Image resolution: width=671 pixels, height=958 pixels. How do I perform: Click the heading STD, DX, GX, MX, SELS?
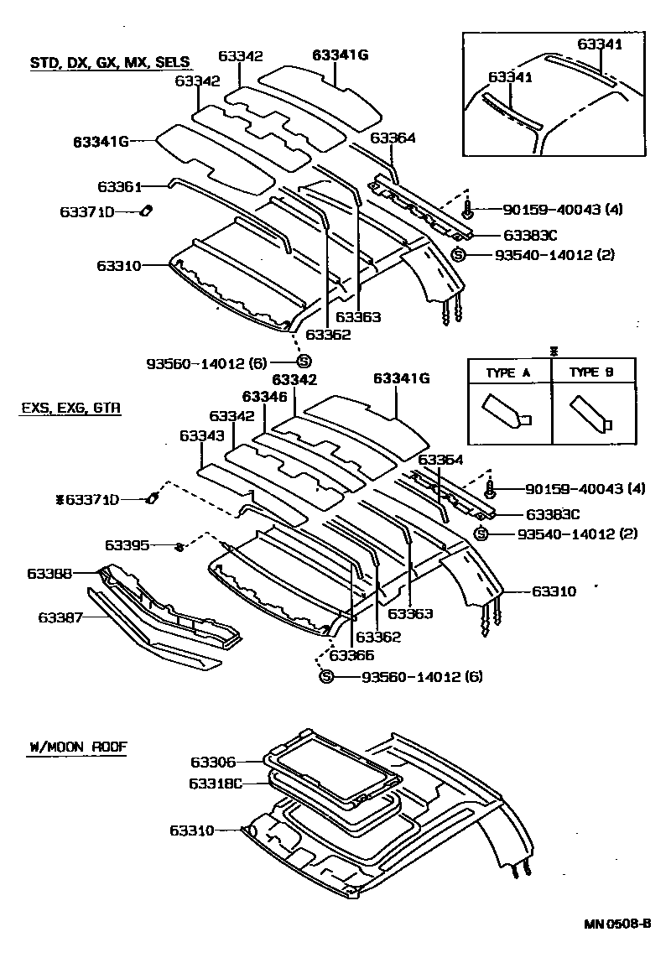click(x=110, y=62)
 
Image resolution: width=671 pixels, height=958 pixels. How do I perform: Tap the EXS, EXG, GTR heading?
click(x=70, y=409)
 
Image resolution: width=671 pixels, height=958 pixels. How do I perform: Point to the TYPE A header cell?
click(x=509, y=372)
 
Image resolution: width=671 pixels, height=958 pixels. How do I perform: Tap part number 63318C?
click(x=216, y=784)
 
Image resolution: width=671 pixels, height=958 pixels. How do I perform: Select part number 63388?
click(x=49, y=574)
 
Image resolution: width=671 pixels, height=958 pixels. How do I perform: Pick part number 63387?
click(x=60, y=617)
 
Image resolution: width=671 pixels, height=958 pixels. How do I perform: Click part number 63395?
click(x=127, y=546)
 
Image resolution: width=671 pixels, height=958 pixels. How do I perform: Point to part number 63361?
click(x=119, y=186)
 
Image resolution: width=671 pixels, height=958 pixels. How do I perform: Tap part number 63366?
click(x=351, y=656)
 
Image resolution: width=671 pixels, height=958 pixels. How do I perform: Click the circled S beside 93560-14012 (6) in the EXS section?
click(x=326, y=677)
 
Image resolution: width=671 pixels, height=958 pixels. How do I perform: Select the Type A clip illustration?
click(x=503, y=412)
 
